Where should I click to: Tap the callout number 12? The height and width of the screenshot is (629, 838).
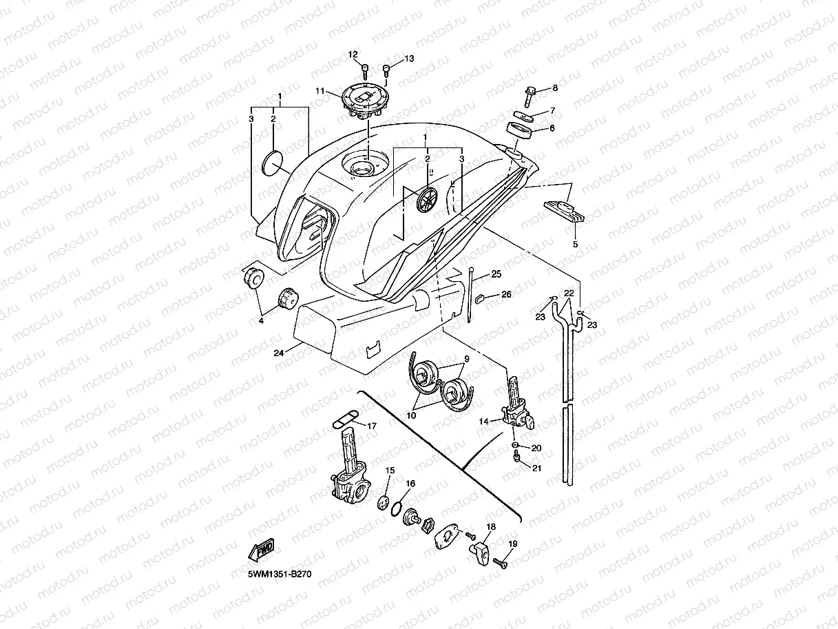click(x=353, y=54)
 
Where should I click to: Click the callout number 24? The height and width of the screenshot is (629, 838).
click(x=278, y=353)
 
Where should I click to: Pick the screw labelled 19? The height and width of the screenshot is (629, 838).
click(x=499, y=564)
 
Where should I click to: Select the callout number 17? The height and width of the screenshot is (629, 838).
click(x=372, y=426)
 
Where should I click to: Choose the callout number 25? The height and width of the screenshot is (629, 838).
click(x=496, y=274)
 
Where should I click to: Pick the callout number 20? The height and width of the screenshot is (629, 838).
click(x=536, y=448)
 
